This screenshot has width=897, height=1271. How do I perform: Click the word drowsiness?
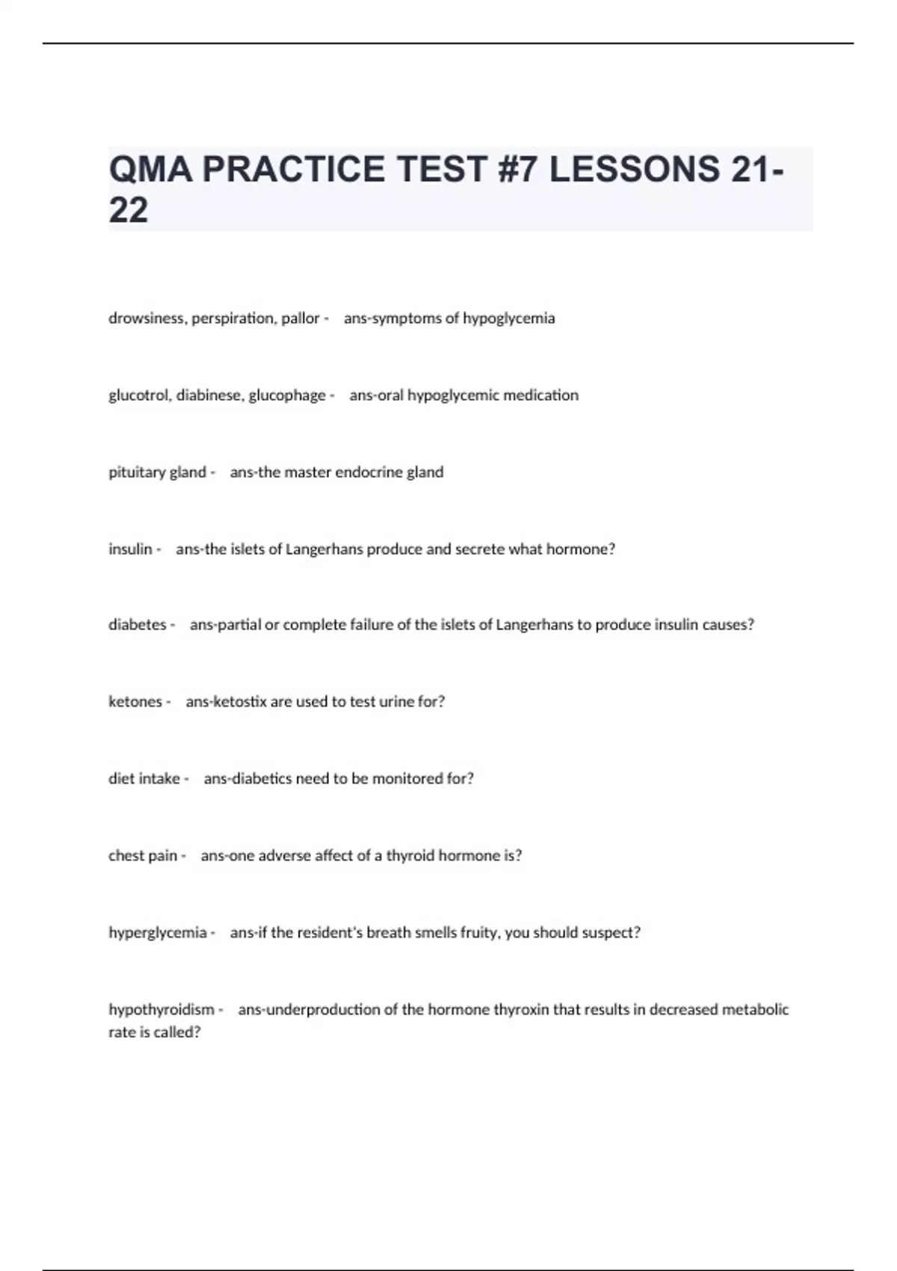pos(147,318)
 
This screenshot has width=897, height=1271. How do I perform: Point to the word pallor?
pos(300,318)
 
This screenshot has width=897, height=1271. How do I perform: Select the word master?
pos(307,473)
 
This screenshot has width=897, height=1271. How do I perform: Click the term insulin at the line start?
pos(130,550)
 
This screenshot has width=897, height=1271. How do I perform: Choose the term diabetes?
pos(138,625)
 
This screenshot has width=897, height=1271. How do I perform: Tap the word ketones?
pos(135,702)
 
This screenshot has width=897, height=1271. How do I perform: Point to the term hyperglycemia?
pos(158,933)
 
